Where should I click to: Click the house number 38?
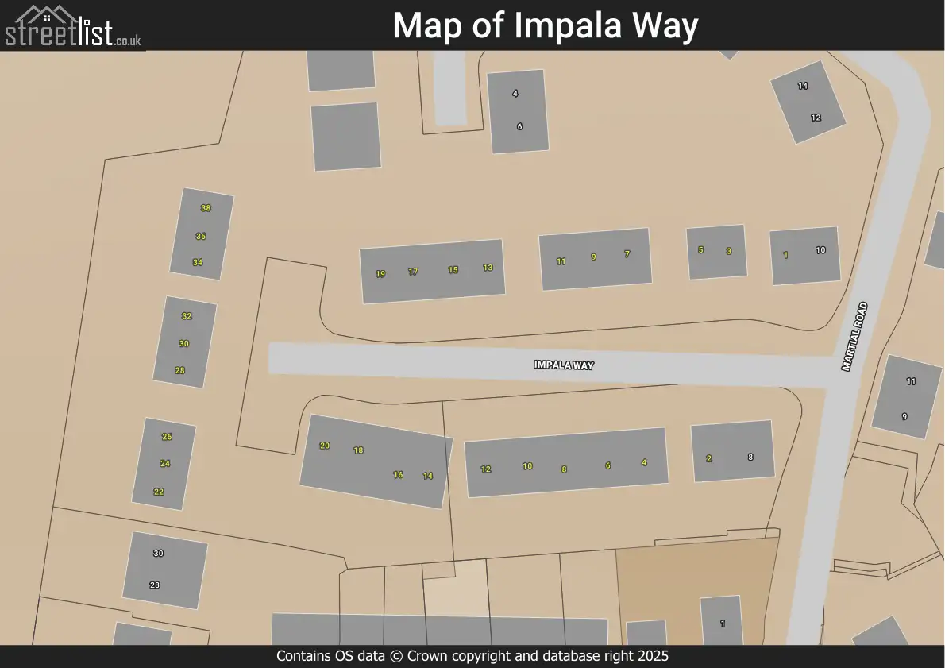click(206, 208)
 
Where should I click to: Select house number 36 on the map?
click(201, 237)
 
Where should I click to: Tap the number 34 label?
click(198, 263)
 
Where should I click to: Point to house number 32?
click(187, 316)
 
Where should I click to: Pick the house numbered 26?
click(167, 437)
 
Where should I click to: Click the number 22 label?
click(159, 492)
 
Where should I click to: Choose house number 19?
click(380, 274)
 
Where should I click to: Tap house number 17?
click(413, 272)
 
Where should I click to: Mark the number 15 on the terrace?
click(453, 270)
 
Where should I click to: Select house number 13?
click(488, 268)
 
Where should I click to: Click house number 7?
click(627, 254)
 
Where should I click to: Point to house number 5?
click(700, 249)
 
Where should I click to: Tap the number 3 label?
click(729, 251)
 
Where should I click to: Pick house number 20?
click(325, 446)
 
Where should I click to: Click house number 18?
click(358, 450)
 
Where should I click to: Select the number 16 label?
click(398, 475)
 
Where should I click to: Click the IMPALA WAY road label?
click(564, 365)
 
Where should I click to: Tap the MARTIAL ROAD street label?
click(854, 337)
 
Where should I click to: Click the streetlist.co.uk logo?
click(73, 26)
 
